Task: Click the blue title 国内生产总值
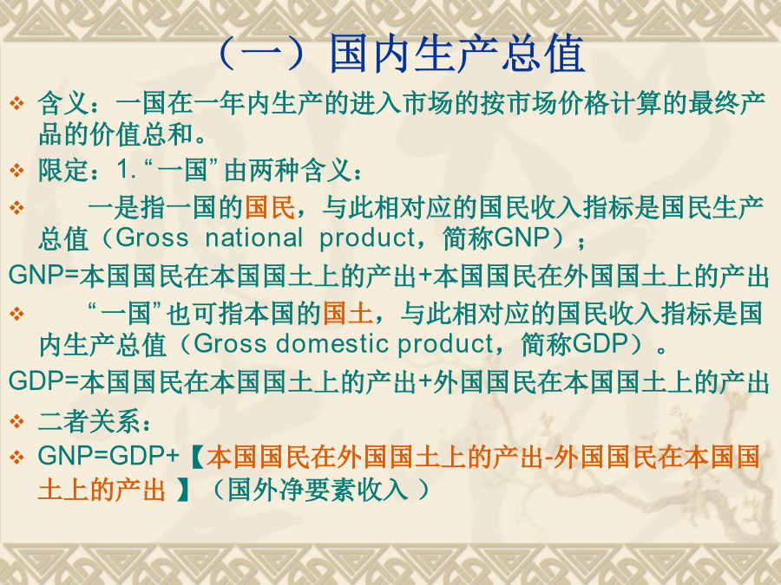tap(457, 55)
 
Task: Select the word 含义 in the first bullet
tap(62, 103)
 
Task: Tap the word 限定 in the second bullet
tap(62, 170)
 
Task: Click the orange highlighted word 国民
tap(270, 207)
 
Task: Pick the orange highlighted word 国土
tap(348, 314)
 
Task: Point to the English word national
tap(254, 237)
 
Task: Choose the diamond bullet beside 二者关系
tap(17, 422)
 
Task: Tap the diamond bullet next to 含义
tap(17, 103)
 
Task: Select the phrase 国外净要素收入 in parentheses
tap(318, 490)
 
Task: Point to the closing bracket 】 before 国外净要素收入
tap(183, 490)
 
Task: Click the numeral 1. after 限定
tap(127, 170)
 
